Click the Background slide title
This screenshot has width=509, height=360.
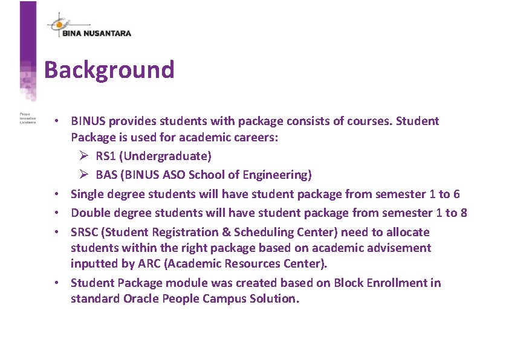pyautogui.click(x=109, y=70)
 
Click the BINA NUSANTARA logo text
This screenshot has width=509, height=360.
pyautogui.click(x=97, y=33)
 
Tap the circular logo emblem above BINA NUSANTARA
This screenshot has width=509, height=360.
pyautogui.click(x=58, y=22)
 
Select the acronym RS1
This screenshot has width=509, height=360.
pyautogui.click(x=106, y=156)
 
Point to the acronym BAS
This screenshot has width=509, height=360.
pyautogui.click(x=106, y=175)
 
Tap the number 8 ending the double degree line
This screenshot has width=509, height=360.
pyautogui.click(x=464, y=213)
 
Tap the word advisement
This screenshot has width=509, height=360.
pyautogui.click(x=400, y=248)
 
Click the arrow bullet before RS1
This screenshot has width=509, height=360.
pyautogui.click(x=84, y=156)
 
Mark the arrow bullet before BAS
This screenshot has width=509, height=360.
pyautogui.click(x=84, y=175)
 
